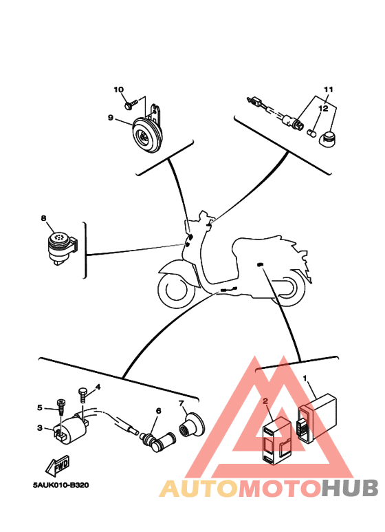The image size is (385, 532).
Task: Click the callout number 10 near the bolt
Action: pos(119,89)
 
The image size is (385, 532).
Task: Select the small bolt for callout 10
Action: pos(131,104)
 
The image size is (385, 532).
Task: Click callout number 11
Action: pos(329,89)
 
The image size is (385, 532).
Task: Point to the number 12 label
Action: pos(323,109)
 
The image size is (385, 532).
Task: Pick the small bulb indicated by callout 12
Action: pos(311,133)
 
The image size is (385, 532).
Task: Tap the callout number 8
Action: pos(44,218)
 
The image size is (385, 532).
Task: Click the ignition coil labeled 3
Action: pos(71,427)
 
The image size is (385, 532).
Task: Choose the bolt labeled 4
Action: pos(82,395)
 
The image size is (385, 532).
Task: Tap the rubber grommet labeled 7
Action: pos(191,425)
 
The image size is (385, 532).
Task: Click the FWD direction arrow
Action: pos(58,465)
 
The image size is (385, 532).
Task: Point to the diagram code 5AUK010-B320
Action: pos(61,485)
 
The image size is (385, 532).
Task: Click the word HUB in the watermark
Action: pos(350,488)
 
